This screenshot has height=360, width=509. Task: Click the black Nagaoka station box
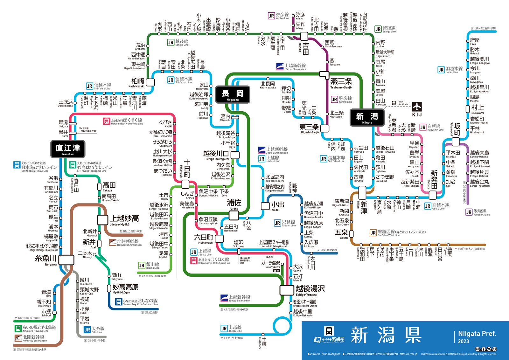point(233,94)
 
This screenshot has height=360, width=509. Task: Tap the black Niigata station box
point(367,118)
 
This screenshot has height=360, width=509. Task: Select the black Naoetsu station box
point(68,149)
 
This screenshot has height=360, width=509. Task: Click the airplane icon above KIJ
point(417,107)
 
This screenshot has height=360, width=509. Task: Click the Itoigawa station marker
point(66,260)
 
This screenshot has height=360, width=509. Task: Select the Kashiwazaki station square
point(150,82)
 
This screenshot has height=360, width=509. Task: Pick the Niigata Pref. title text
point(477,334)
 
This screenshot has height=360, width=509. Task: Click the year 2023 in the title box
point(463,341)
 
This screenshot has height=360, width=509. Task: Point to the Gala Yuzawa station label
point(270,264)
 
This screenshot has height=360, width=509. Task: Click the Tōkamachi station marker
point(185,184)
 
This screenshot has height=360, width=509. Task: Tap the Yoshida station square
point(304,36)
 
